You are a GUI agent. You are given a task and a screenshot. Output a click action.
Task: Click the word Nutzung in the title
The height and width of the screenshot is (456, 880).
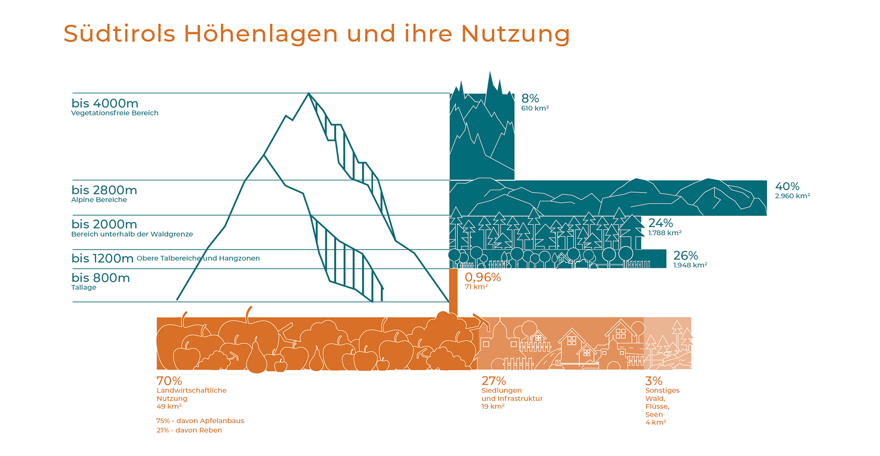[515, 34]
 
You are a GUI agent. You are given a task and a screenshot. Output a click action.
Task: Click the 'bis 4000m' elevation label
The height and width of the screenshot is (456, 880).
[105, 103]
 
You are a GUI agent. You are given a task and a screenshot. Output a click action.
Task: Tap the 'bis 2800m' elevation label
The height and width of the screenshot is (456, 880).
[104, 190]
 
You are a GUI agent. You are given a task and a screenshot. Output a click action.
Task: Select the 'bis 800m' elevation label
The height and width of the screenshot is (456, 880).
[100, 278]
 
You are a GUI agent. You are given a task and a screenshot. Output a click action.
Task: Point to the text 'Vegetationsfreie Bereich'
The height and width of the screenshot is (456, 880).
[115, 113]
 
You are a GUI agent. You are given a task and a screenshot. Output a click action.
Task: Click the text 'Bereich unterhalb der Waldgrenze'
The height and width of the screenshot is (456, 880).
[132, 234]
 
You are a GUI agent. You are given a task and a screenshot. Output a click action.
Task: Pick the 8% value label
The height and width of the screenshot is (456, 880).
[530, 98]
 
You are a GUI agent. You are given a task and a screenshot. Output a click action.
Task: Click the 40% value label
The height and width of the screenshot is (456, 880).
[787, 186]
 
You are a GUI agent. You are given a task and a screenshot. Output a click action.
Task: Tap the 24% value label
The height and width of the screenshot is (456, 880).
[660, 223]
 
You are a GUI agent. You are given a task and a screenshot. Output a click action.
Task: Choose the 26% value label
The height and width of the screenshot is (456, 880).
[686, 256]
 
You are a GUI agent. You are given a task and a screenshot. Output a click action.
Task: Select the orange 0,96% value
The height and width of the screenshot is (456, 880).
[483, 277]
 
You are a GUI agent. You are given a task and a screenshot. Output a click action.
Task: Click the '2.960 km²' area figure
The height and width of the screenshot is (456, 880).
[792, 196]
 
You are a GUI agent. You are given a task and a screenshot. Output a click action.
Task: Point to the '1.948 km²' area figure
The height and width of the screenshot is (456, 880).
[690, 265]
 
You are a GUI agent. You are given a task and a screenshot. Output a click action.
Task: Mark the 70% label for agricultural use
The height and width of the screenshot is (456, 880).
[169, 381]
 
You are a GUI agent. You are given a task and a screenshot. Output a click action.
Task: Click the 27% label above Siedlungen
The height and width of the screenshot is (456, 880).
[494, 381]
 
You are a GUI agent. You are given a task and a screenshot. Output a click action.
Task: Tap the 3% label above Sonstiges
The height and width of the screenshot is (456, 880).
[654, 381]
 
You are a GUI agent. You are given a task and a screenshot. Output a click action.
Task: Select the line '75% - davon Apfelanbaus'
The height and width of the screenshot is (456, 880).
[200, 421]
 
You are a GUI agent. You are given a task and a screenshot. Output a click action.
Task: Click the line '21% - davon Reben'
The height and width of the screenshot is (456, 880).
[189, 430]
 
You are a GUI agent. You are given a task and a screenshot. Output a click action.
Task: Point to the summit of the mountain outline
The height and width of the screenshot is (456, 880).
[308, 93]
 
